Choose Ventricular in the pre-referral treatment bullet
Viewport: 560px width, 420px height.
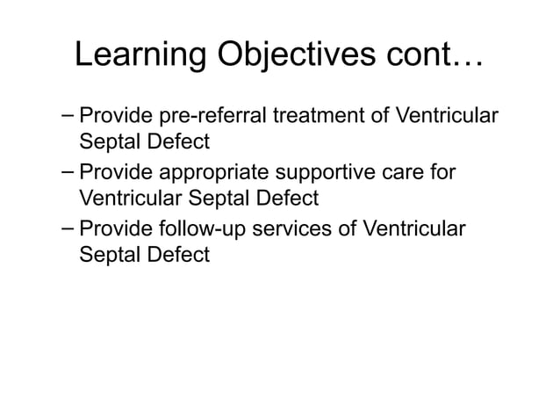click(x=448, y=117)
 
